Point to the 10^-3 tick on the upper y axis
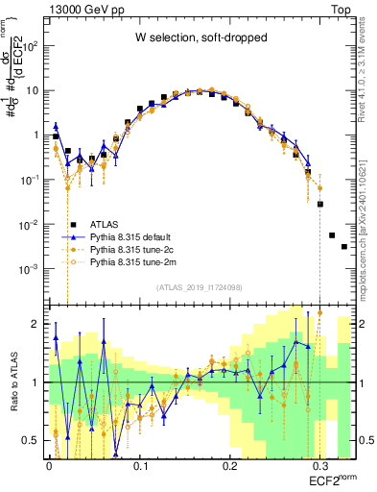coord(31,269)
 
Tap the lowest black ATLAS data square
coord(343,247)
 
